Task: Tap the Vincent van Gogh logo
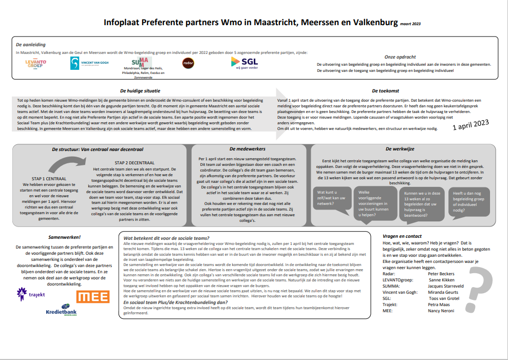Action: point(89,63)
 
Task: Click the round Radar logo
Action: point(188,63)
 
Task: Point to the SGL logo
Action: point(245,63)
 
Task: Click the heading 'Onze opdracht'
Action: point(400,56)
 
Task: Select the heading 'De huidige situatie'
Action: point(140,90)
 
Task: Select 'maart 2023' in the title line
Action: point(410,24)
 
